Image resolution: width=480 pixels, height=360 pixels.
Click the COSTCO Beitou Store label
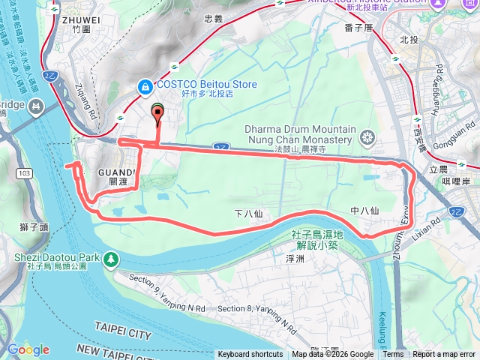click(206, 84)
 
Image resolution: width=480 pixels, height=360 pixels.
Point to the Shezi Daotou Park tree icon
click(111, 259)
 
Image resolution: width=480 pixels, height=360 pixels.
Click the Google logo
click(28, 349)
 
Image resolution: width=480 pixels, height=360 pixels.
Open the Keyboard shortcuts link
click(250, 355)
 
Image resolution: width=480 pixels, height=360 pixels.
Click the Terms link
click(393, 355)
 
